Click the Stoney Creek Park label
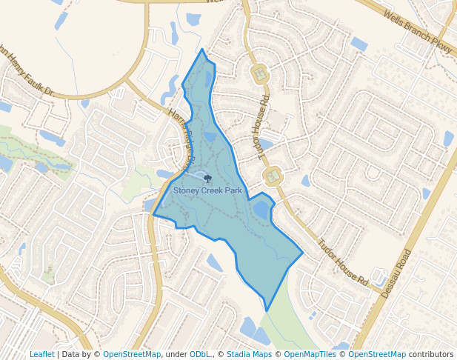click(x=207, y=190)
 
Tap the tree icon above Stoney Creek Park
click(x=207, y=179)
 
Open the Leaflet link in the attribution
click(x=41, y=354)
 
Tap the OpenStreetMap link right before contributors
click(x=377, y=354)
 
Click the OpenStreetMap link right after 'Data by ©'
click(x=132, y=354)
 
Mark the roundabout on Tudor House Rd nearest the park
click(x=273, y=176)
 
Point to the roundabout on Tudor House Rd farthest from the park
click(x=260, y=74)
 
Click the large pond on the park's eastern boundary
click(x=261, y=210)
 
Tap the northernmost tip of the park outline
click(x=202, y=50)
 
